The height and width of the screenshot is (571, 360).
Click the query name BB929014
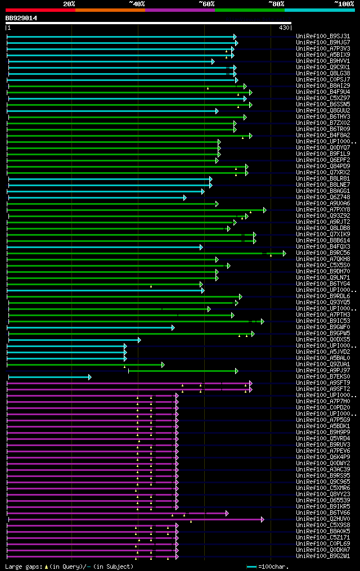tap(21, 18)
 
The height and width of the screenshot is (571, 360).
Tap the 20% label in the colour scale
tap(69, 4)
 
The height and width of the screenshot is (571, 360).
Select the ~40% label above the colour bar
tap(137, 4)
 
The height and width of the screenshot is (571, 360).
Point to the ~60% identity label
tap(206, 4)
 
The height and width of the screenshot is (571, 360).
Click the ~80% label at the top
tap(276, 4)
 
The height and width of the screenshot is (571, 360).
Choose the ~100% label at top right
tap(344, 4)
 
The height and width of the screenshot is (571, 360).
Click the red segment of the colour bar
tap(40, 10)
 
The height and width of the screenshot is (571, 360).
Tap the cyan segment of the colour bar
tap(319, 10)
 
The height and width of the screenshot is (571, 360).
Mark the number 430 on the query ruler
tap(283, 28)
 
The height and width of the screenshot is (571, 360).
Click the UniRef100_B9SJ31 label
tap(323, 36)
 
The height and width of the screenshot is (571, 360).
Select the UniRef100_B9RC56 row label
tap(323, 253)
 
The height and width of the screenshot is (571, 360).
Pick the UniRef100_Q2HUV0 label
tap(323, 519)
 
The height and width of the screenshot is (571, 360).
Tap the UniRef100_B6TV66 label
tap(323, 512)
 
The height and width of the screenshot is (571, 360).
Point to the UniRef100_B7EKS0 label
tap(323, 376)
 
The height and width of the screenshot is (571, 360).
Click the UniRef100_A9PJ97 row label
tap(323, 370)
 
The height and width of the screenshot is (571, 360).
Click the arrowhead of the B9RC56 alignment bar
tap(285, 253)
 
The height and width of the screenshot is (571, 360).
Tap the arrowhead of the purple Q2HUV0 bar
tap(262, 519)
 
